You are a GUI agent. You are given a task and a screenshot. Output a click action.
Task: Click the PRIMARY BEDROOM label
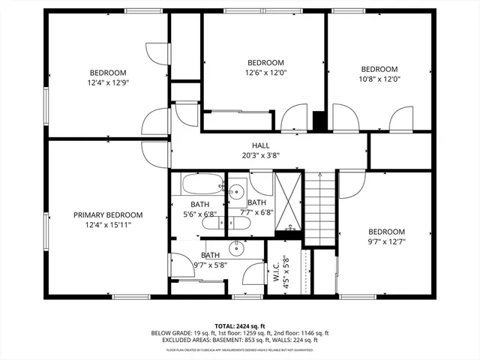click(x=107, y=214)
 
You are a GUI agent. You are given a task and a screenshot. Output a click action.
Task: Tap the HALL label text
click(x=260, y=146)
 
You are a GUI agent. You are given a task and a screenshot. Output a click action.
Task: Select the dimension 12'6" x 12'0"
click(x=265, y=73)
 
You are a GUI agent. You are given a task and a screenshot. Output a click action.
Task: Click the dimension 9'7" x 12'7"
click(x=387, y=241)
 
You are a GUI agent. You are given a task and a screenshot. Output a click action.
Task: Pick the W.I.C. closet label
click(x=276, y=270)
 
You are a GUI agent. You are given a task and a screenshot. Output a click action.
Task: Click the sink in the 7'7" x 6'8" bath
click(x=237, y=189)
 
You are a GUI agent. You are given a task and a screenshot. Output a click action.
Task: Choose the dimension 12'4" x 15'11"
click(x=107, y=224)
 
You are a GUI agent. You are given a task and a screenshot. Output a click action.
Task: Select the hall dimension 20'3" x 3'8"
click(x=260, y=156)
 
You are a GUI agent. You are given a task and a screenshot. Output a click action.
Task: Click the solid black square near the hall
click(x=319, y=121)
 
